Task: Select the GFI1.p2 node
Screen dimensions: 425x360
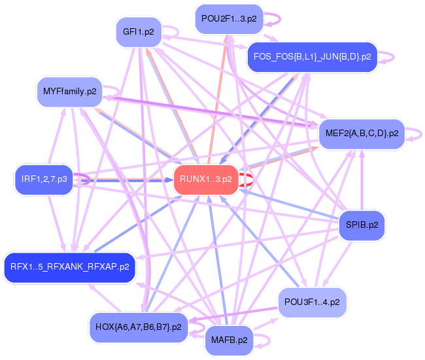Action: point(138,32)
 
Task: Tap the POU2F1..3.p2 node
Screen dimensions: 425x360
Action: point(229,19)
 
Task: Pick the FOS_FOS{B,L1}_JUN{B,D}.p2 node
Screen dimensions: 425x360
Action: point(311,57)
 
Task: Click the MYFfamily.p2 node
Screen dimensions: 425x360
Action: point(69,91)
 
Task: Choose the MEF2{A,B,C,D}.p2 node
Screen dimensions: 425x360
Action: point(362,134)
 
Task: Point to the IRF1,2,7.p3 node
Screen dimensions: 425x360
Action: point(44,179)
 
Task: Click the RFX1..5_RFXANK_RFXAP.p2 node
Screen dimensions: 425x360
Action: point(69,267)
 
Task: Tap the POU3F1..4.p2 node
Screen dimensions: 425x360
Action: point(313,302)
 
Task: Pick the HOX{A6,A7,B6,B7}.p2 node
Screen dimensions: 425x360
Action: point(138,326)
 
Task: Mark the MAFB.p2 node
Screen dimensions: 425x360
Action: point(229,340)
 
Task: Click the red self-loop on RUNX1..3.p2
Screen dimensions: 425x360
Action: point(246,179)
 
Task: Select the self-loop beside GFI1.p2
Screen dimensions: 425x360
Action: point(171,31)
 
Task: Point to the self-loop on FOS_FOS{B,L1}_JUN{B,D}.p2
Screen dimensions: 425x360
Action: point(388,57)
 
